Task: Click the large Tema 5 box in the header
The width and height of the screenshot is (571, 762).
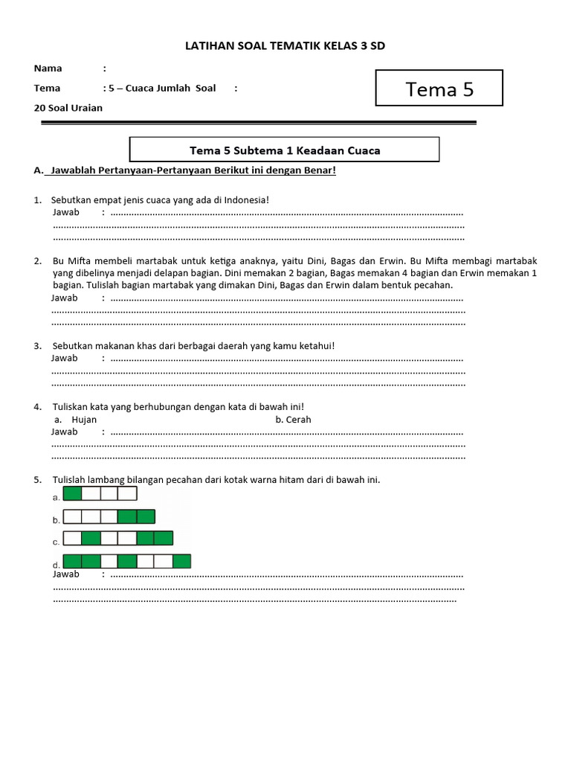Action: click(x=439, y=89)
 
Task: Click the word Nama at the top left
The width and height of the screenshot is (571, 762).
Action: click(x=48, y=68)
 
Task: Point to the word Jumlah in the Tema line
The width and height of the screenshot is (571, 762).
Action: click(x=172, y=88)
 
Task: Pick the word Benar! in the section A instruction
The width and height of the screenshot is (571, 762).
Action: click(x=320, y=170)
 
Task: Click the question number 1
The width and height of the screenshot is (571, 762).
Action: click(x=37, y=200)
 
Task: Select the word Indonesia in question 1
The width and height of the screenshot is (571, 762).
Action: click(x=243, y=200)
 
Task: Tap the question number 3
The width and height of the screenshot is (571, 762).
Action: click(x=37, y=346)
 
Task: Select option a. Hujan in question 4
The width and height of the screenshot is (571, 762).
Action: click(x=76, y=419)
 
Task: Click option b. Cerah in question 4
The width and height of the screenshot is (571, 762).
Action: click(x=293, y=419)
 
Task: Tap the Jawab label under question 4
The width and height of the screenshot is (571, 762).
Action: click(x=65, y=432)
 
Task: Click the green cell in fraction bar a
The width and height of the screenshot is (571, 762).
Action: click(x=73, y=494)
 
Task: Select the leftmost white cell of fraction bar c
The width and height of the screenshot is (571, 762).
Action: click(x=73, y=538)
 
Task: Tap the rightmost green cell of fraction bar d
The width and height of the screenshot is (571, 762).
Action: click(x=181, y=561)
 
